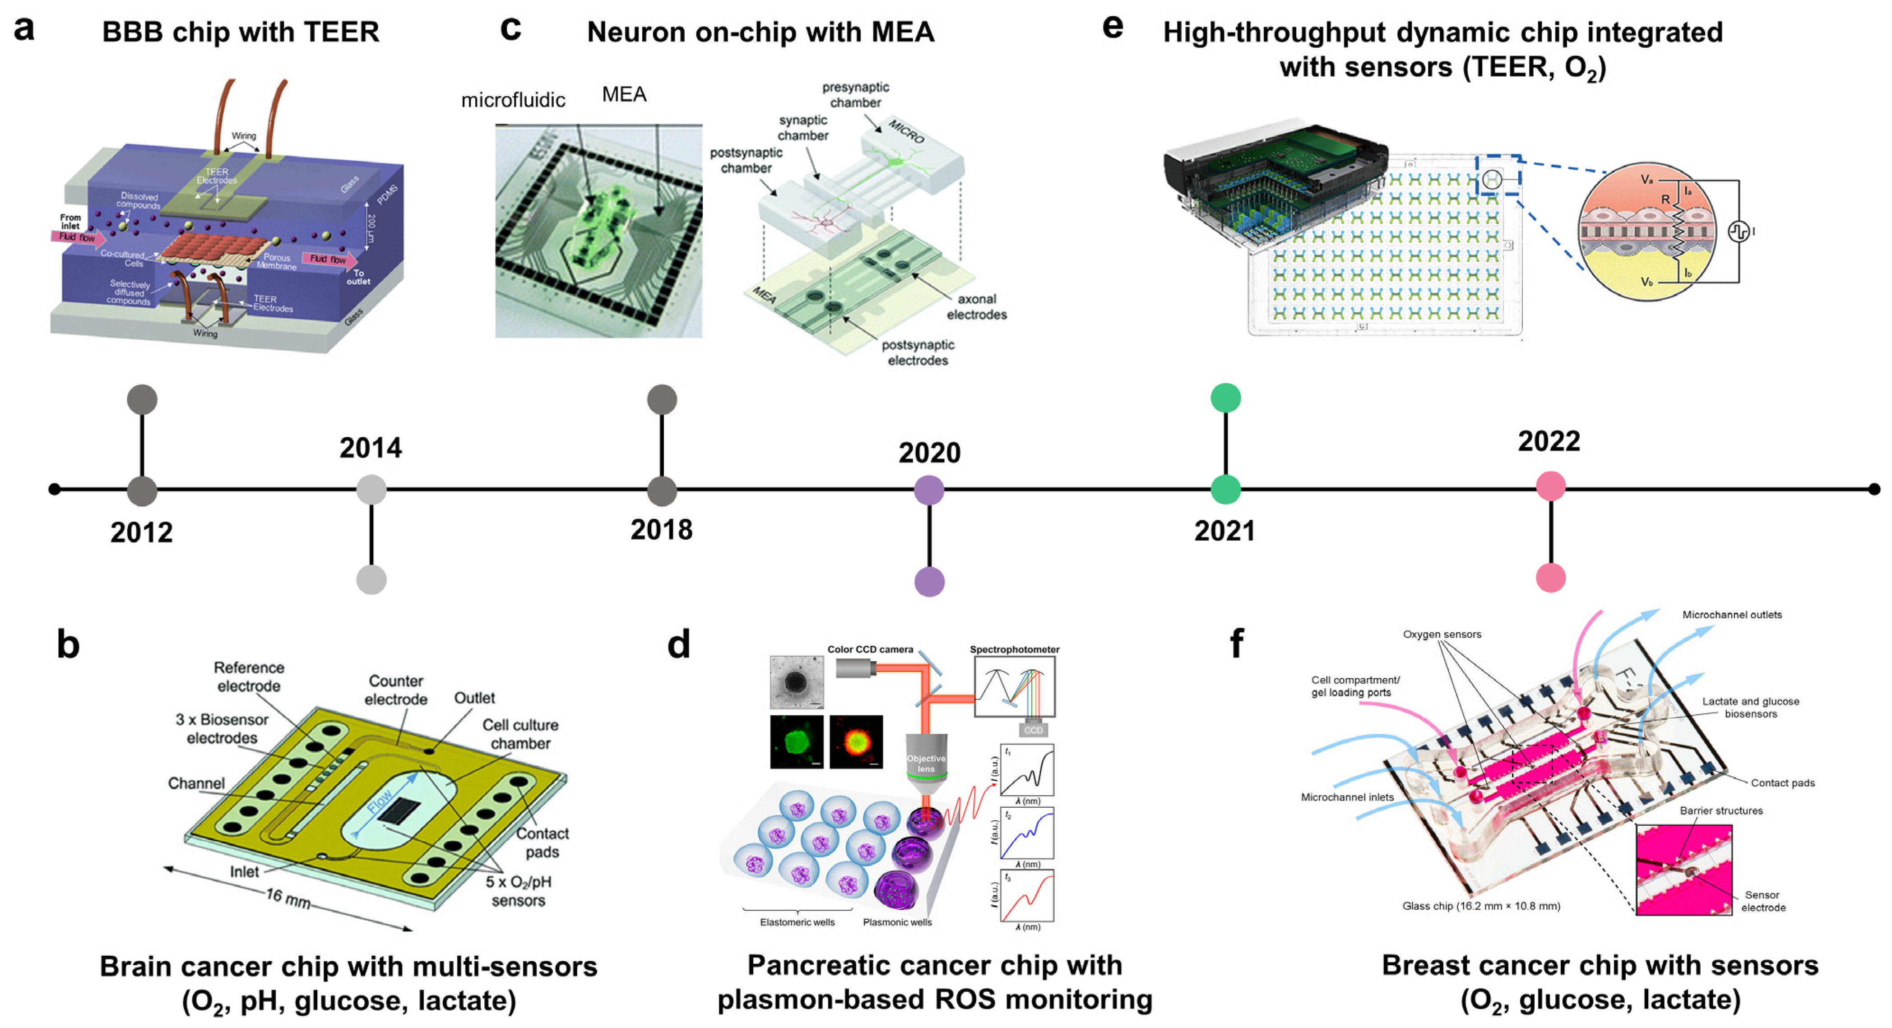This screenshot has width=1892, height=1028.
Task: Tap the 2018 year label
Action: pos(661,529)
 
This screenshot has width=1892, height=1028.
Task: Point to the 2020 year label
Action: pos(929,452)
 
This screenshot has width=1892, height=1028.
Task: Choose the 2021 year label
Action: pos(1224,531)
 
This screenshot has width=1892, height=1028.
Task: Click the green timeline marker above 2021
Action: pos(1225,398)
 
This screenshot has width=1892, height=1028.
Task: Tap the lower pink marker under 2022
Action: pos(1550,578)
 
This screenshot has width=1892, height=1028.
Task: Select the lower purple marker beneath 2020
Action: pos(929,582)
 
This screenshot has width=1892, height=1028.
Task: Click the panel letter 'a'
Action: pos(24,29)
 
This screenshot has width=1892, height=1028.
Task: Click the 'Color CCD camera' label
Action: pos(870,649)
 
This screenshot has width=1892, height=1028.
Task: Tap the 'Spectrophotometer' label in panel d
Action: pos(1014,649)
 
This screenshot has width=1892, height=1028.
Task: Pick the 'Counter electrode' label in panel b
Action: pos(396,690)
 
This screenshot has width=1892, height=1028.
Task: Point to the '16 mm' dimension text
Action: pos(288,897)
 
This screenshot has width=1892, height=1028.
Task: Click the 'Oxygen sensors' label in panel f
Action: pos(1442,634)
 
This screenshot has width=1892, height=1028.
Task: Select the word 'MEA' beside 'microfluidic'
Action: pos(624,94)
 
